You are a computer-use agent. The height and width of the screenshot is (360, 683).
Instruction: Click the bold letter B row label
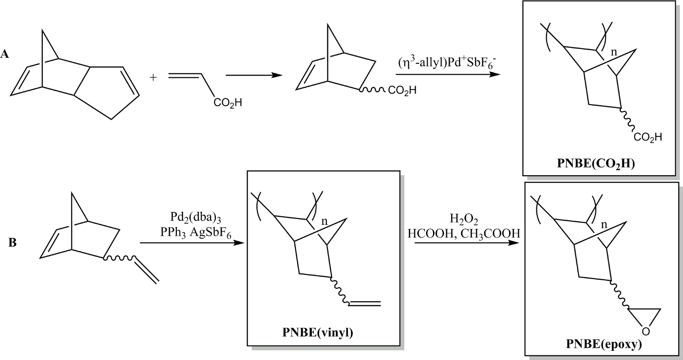13,243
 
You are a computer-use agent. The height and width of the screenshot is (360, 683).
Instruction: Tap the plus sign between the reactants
153,78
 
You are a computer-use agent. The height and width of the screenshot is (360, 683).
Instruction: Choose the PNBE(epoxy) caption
604,344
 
